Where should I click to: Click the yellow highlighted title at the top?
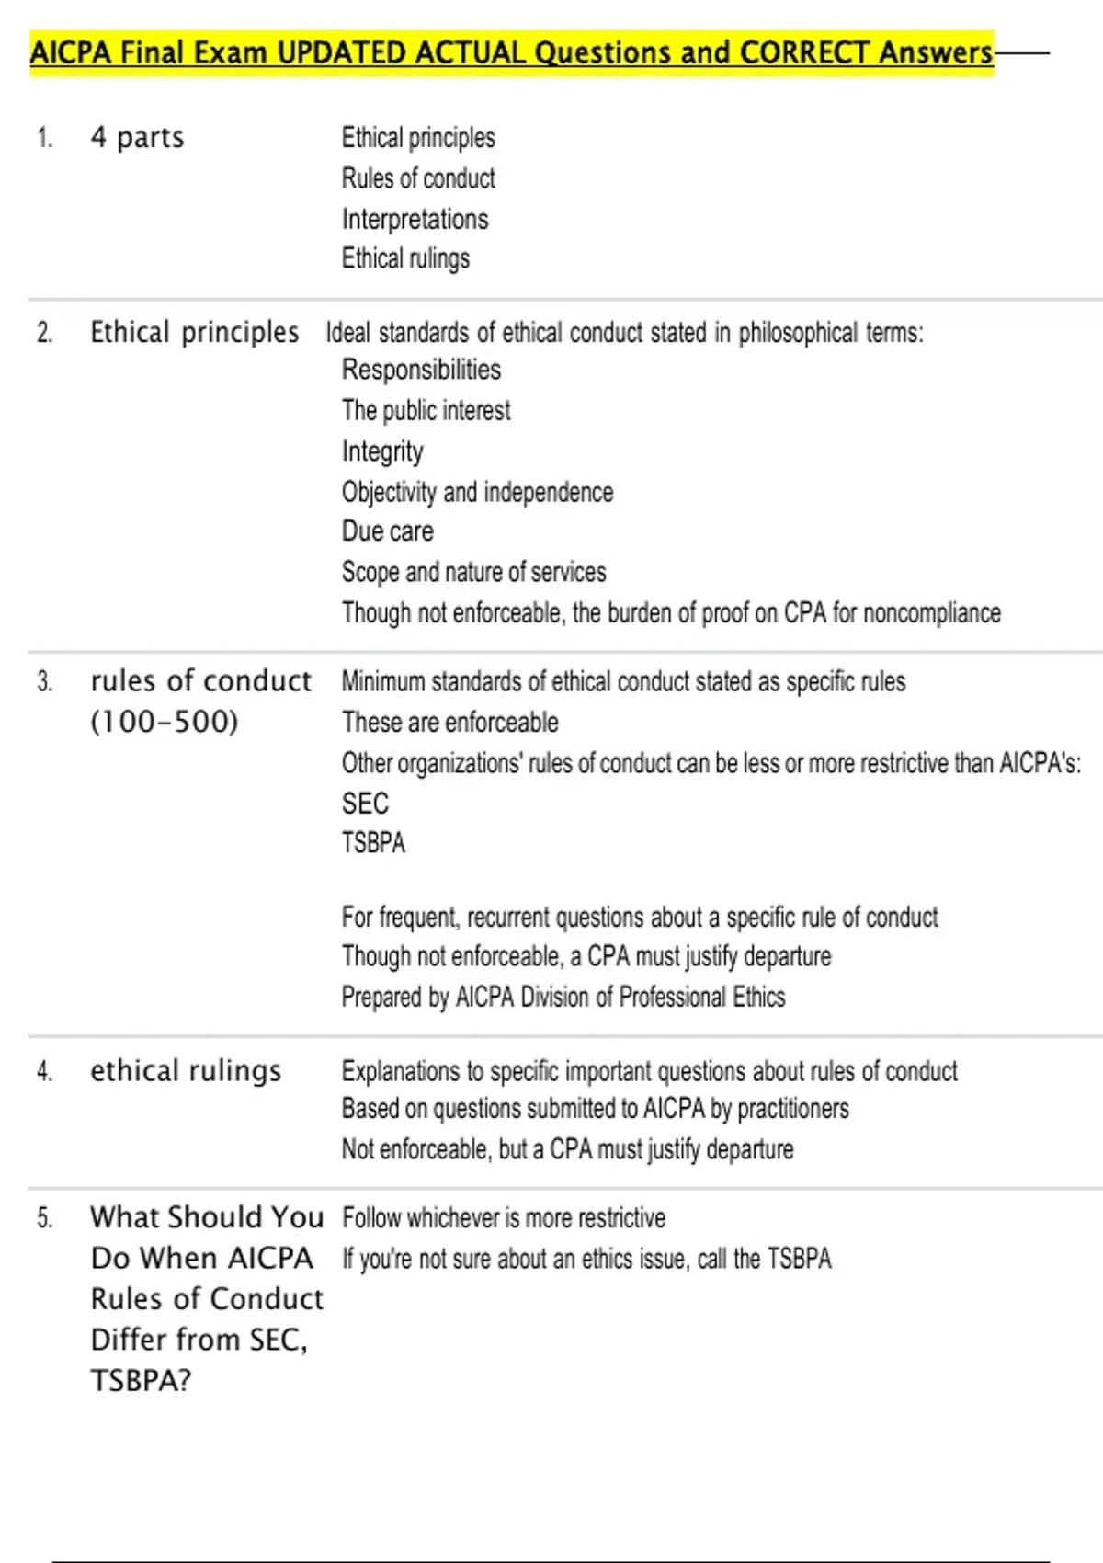(x=511, y=52)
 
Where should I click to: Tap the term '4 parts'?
(x=137, y=138)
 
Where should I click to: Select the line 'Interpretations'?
(x=415, y=219)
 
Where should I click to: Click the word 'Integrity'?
(x=382, y=451)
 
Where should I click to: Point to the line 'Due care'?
(x=387, y=531)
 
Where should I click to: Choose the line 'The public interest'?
(x=426, y=410)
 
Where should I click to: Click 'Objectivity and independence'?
(x=477, y=492)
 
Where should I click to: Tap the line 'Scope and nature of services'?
(x=473, y=572)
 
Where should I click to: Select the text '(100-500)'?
(x=165, y=722)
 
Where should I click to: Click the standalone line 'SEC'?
(x=365, y=804)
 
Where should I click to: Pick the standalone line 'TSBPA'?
(x=373, y=843)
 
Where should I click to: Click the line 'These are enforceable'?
(x=449, y=723)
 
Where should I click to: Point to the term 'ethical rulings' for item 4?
(x=186, y=1071)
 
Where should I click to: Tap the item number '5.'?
(x=45, y=1218)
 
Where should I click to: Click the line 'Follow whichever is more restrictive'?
(x=504, y=1218)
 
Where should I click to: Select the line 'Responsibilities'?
(x=421, y=370)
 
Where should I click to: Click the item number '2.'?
(x=45, y=333)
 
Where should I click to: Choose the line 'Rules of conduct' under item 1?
(x=418, y=178)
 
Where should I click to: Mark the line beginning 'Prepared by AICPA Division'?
(x=563, y=998)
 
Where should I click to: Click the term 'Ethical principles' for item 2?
(x=194, y=332)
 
